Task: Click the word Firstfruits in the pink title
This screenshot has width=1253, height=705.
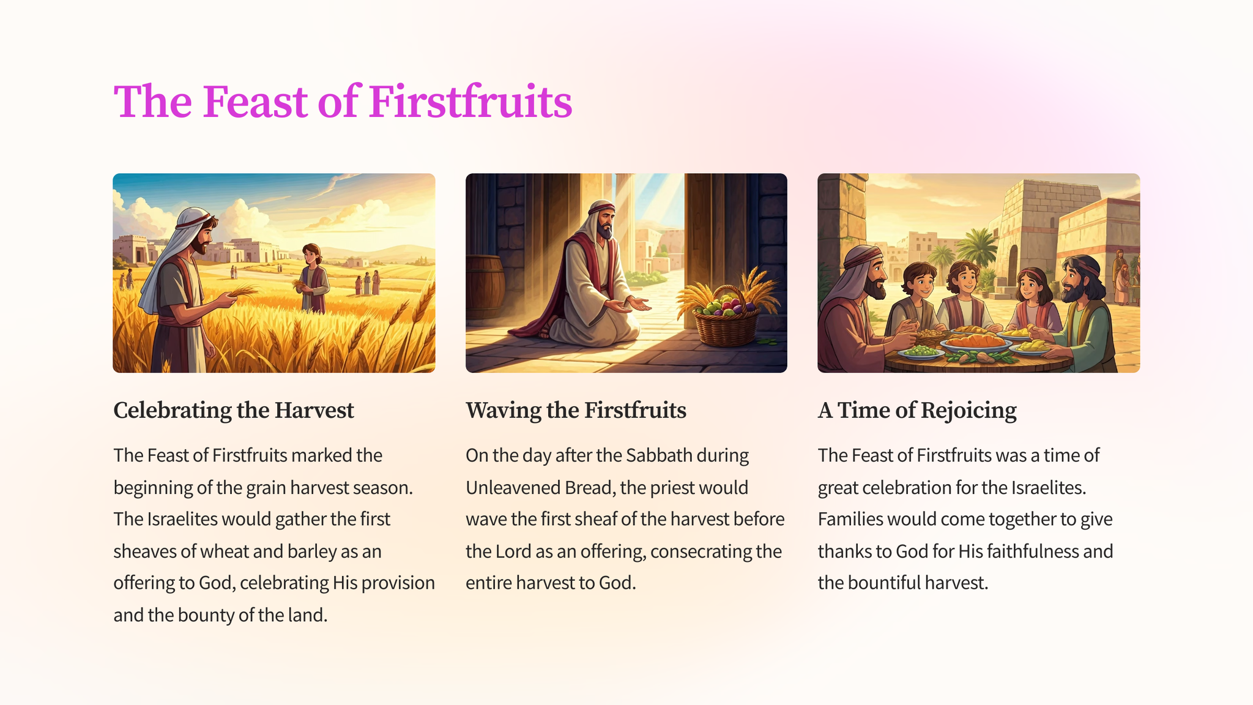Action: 470,101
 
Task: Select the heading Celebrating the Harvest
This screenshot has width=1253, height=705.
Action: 234,410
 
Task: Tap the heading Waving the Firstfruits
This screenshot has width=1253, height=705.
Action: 576,410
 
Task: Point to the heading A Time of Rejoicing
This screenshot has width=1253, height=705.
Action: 917,411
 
